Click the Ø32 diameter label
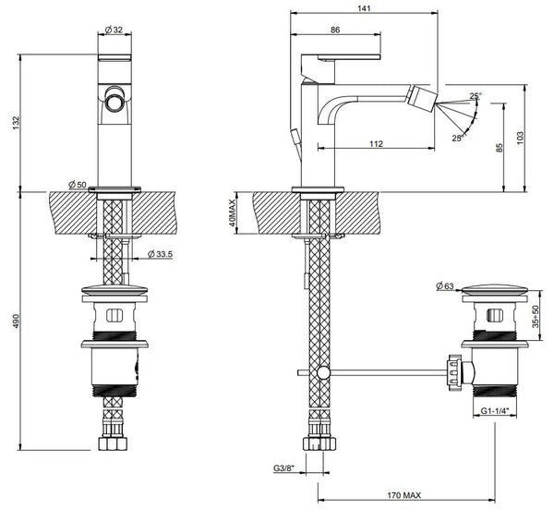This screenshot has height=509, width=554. point(115,30)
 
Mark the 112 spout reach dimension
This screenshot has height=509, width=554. point(376,143)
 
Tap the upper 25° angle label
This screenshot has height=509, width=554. point(475,95)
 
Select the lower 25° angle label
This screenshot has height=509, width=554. point(456,139)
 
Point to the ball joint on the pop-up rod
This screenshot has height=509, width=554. point(322,372)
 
